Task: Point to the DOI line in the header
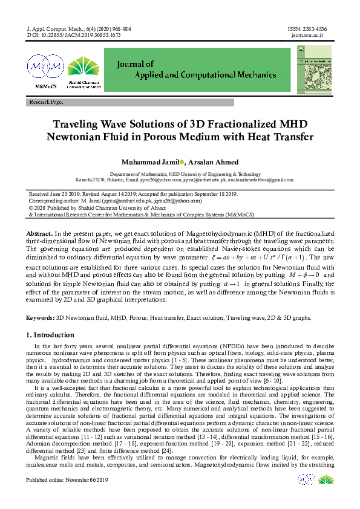pyautogui.click(x=74, y=35)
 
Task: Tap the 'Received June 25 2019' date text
pyautogui.click(x=57, y=193)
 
